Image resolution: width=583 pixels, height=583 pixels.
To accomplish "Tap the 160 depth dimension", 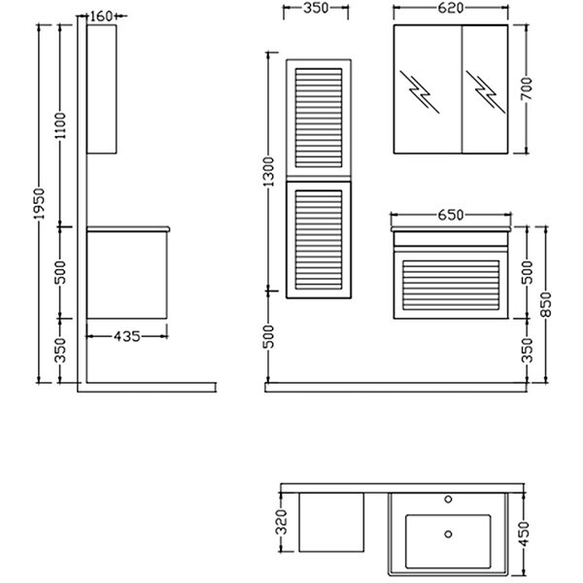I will (101, 16).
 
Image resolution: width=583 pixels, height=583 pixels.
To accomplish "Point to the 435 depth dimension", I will (126, 336).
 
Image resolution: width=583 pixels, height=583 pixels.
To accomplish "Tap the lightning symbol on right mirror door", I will (483, 88).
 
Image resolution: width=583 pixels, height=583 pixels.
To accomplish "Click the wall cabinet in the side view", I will (101, 88).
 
